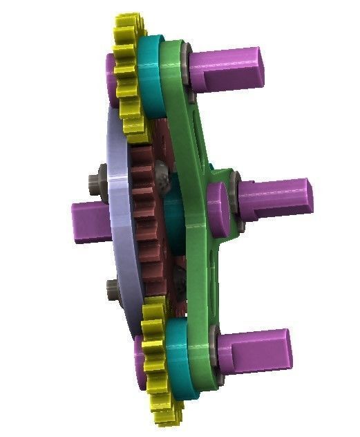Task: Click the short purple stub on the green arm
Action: [x=220, y=203]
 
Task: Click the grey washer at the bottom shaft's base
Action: [x=215, y=350]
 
